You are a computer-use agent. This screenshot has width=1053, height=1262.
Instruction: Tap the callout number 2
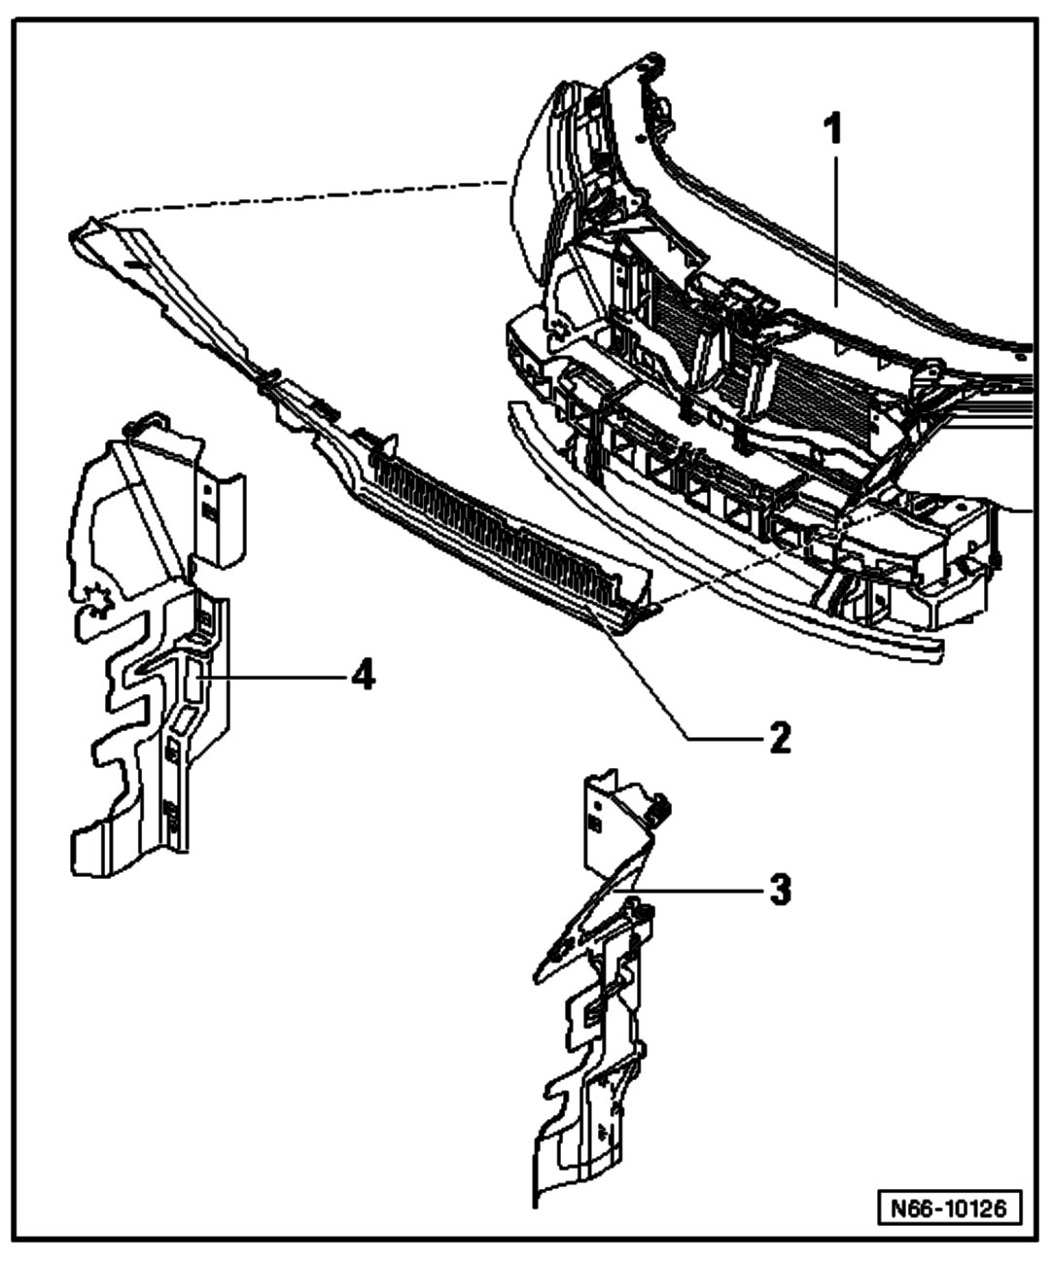pyautogui.click(x=780, y=738)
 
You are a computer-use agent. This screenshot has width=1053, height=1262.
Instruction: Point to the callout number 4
pyautogui.click(x=362, y=675)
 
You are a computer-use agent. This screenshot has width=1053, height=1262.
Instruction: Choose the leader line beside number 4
pyautogui.click(x=272, y=675)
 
